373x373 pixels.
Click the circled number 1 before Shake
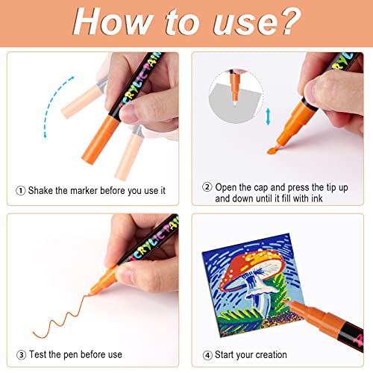(19, 190)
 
